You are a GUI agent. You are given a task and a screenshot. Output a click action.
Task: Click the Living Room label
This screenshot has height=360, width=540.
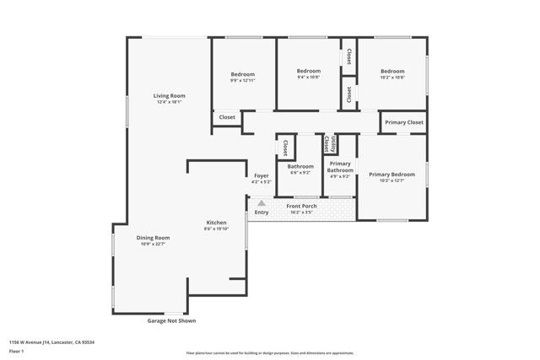click(169, 96)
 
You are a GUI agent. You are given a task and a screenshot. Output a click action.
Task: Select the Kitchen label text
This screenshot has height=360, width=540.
click(216, 223)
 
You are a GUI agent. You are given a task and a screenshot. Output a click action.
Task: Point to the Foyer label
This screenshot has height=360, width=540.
click(261, 175)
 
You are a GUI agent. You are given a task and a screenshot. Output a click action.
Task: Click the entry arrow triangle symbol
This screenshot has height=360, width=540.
click(262, 203)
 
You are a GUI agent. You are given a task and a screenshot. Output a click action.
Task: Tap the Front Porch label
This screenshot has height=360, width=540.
click(301, 206)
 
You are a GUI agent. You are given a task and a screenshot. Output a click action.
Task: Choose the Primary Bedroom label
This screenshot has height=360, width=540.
click(391, 174)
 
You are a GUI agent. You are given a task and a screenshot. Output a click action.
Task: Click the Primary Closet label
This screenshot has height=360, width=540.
click(403, 123)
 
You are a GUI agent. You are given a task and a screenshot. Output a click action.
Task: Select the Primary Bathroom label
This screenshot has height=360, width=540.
click(340, 167)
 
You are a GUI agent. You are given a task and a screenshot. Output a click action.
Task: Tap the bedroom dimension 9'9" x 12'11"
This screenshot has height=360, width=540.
click(243, 82)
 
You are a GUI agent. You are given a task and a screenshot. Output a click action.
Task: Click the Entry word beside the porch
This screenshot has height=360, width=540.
click(262, 212)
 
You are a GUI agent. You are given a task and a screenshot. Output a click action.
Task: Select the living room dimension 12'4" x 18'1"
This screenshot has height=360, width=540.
click(169, 103)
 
